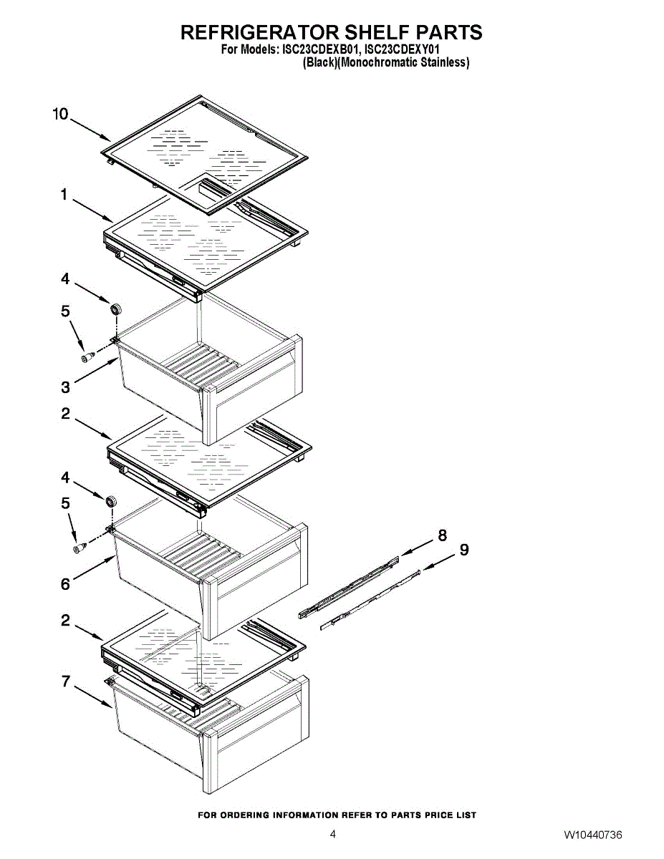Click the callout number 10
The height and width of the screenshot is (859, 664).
tap(60, 114)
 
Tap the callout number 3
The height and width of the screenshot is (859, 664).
tap(65, 387)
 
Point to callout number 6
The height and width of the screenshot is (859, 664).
tap(65, 585)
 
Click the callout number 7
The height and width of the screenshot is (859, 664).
tap(66, 681)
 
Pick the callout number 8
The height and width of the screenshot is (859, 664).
tap(442, 535)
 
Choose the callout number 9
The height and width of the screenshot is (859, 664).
tap(464, 550)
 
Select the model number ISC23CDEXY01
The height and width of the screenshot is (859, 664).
tap(402, 50)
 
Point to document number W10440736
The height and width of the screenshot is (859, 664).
tap(592, 835)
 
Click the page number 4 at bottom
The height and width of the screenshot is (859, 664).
tap(332, 835)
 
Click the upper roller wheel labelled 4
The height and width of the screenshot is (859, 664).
tap(115, 310)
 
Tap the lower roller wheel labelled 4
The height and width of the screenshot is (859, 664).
tap(111, 501)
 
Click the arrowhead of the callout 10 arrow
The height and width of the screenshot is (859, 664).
tap(107, 139)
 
